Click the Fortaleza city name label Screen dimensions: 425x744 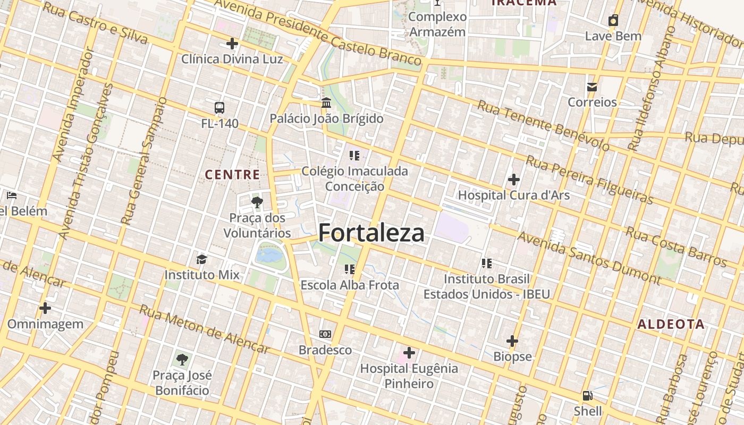pos(371,233)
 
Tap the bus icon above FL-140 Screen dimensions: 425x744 pos(219,108)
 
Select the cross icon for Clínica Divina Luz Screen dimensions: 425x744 pos(232,44)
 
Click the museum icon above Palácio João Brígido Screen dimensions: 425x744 pos(326,102)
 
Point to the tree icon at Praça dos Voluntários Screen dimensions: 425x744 pos(257,202)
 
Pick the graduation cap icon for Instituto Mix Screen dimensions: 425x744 pos(201,259)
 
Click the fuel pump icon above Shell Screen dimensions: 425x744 pos(587,396)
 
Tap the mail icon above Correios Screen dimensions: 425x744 pos(592,87)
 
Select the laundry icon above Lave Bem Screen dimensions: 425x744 pos(613,21)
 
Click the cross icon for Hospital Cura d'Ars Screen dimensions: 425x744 pos(513,180)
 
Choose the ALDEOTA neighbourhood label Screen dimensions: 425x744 pos(671,325)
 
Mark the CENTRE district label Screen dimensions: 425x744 pos(232,175)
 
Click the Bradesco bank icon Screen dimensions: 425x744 pos(325,334)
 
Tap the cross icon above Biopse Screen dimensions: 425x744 pos(512,341)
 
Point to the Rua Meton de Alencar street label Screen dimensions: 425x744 pos(205,329)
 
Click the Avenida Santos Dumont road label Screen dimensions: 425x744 pos(589,258)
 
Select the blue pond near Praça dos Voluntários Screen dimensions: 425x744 pos(270,255)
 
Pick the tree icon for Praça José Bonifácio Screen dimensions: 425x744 pos(182,360)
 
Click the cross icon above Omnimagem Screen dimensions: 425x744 pos(45,308)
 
